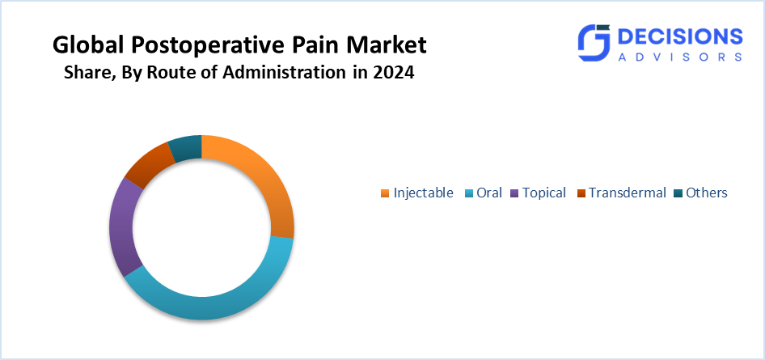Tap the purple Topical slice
(121, 229)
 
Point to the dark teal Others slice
(186, 147)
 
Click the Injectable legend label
(423, 193)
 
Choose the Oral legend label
(489, 193)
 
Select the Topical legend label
(544, 193)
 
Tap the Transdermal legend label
(627, 193)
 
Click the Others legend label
(707, 193)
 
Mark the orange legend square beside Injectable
(385, 193)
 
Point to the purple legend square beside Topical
(514, 193)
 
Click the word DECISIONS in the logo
(680, 37)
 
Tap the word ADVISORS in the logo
(680, 57)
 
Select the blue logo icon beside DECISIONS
(594, 42)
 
